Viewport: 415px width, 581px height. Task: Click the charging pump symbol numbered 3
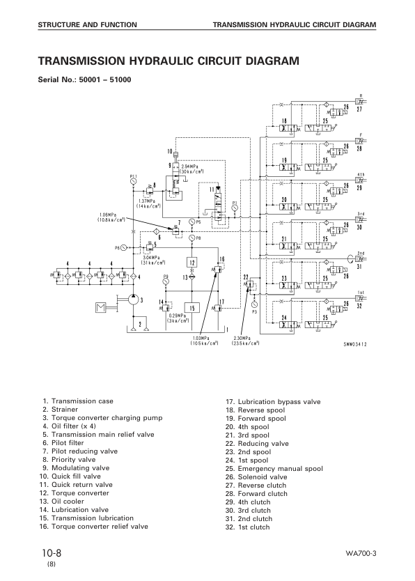click(130, 300)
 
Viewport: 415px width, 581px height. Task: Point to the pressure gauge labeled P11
click(133, 181)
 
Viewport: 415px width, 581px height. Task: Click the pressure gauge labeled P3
click(254, 304)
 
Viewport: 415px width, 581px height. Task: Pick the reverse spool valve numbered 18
click(285, 130)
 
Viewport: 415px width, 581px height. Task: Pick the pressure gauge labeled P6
click(124, 247)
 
